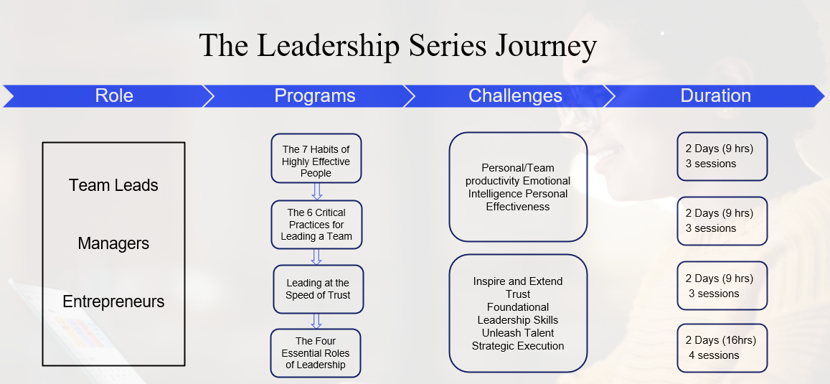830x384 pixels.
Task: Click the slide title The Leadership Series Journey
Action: pyautogui.click(x=398, y=45)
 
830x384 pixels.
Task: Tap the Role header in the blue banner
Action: pyautogui.click(x=114, y=95)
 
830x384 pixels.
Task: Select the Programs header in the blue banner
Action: pyautogui.click(x=315, y=95)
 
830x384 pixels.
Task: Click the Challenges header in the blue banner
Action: pyautogui.click(x=515, y=95)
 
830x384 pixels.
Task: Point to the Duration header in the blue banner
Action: pyautogui.click(x=716, y=95)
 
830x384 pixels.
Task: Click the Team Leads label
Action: pyautogui.click(x=113, y=185)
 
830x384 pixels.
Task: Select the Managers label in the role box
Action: pyautogui.click(x=113, y=243)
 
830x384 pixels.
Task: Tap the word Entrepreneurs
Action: pyautogui.click(x=113, y=301)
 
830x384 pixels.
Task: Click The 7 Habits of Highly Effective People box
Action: pyautogui.click(x=316, y=159)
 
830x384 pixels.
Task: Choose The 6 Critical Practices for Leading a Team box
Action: pyautogui.click(x=316, y=225)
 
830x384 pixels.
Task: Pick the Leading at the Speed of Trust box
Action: pyautogui.click(x=318, y=289)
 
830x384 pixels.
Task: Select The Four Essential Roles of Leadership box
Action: pyautogui.click(x=316, y=353)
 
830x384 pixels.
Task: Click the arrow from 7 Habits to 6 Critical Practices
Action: pyautogui.click(x=317, y=192)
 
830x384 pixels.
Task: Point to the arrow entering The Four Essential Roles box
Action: pyautogui.click(x=316, y=321)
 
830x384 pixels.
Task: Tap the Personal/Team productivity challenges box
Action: pyautogui.click(x=518, y=187)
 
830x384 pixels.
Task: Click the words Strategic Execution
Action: pyautogui.click(x=518, y=346)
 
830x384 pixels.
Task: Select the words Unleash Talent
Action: pyautogui.click(x=518, y=333)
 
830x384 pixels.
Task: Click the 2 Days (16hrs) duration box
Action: pyautogui.click(x=722, y=348)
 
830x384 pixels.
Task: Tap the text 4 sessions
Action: pyautogui.click(x=714, y=355)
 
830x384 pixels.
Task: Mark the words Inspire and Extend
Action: pyautogui.click(x=518, y=281)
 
